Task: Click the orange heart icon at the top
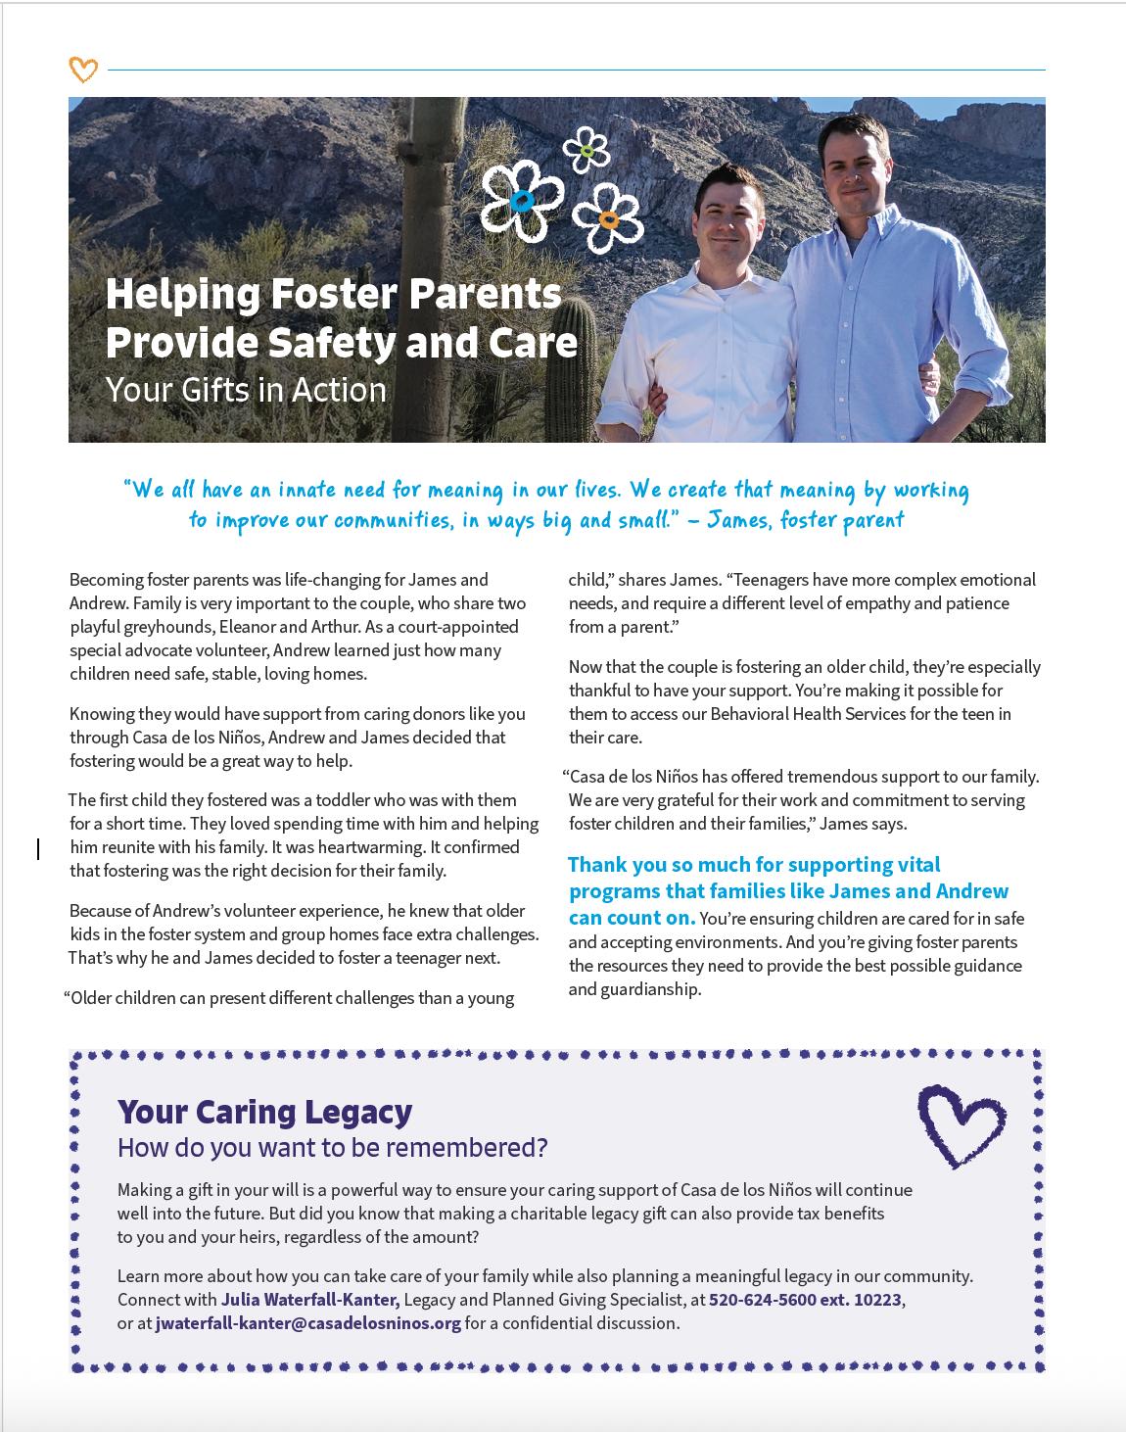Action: (83, 70)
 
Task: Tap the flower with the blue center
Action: (522, 201)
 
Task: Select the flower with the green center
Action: (587, 150)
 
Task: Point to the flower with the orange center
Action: (608, 219)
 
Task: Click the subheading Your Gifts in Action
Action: (246, 390)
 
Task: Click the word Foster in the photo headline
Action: (328, 294)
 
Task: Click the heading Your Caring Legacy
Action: (264, 1112)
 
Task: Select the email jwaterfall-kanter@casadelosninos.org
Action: (307, 1323)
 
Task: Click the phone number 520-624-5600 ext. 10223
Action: (805, 1300)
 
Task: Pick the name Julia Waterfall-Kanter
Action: (309, 1300)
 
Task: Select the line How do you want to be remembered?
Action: (332, 1147)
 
